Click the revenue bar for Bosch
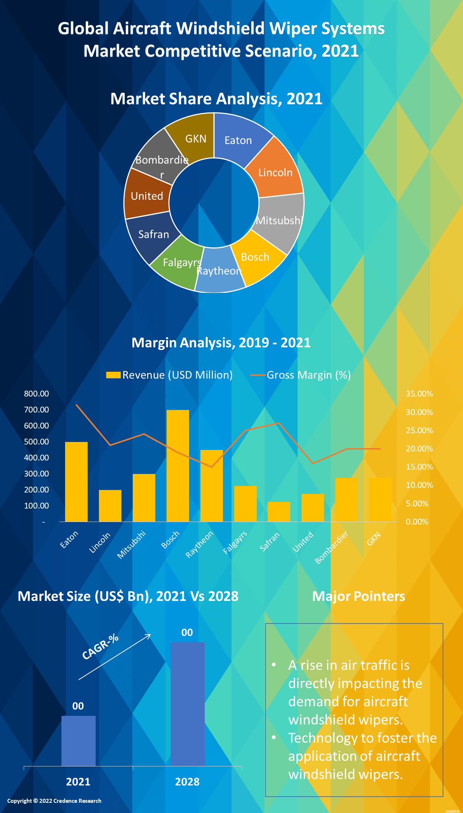click(177, 466)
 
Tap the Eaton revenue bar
click(76, 482)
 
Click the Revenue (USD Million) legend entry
click(169, 375)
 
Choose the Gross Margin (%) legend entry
click(301, 375)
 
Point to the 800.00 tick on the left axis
click(36, 394)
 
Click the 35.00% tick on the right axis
click(419, 394)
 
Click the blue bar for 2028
click(188, 704)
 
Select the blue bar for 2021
click(78, 741)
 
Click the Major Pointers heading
click(359, 596)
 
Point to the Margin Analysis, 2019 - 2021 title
click(221, 343)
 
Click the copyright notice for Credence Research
click(54, 801)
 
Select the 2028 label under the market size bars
click(187, 782)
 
